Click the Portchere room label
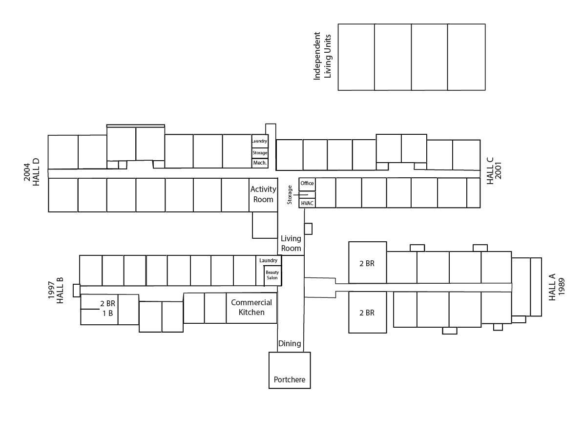click(x=290, y=379)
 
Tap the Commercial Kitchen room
click(x=251, y=308)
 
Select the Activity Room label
click(x=263, y=194)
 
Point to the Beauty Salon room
click(x=272, y=275)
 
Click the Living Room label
click(x=291, y=243)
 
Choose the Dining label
click(x=290, y=343)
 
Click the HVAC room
click(x=307, y=203)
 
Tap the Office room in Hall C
click(x=307, y=184)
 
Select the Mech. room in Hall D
click(x=260, y=163)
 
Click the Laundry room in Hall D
click(x=260, y=141)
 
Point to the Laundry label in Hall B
click(x=268, y=260)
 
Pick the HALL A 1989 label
click(x=557, y=287)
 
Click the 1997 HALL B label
click(x=56, y=290)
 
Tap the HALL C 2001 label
click(x=494, y=170)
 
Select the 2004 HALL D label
click(x=32, y=172)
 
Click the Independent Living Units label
click(x=322, y=56)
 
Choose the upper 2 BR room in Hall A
click(x=367, y=263)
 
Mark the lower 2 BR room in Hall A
click(x=367, y=312)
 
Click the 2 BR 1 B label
click(x=107, y=309)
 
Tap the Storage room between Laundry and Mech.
click(x=260, y=153)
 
